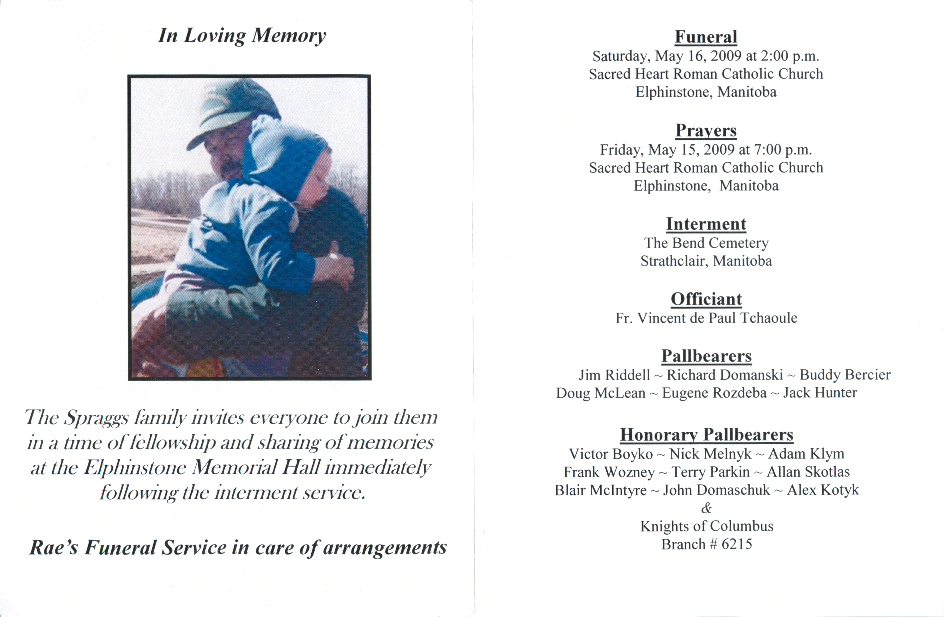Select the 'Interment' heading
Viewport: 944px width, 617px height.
(706, 224)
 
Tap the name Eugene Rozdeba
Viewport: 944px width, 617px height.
(714, 393)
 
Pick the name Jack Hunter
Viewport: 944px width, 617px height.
(820, 393)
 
